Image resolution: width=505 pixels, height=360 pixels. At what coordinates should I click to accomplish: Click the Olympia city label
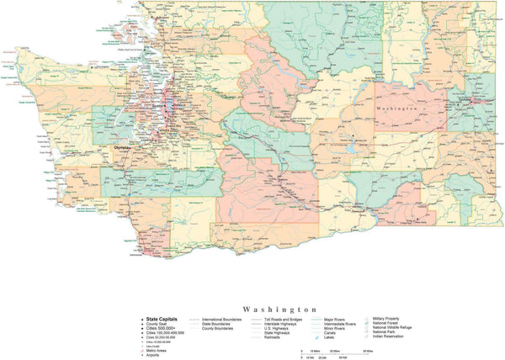[123, 146]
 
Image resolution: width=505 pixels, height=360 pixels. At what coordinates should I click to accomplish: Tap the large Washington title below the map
[279, 309]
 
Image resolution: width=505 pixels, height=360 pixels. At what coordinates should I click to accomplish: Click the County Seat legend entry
[159, 324]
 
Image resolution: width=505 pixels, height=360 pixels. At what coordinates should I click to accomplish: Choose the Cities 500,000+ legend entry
[162, 328]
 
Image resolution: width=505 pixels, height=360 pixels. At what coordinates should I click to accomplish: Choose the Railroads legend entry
[274, 337]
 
